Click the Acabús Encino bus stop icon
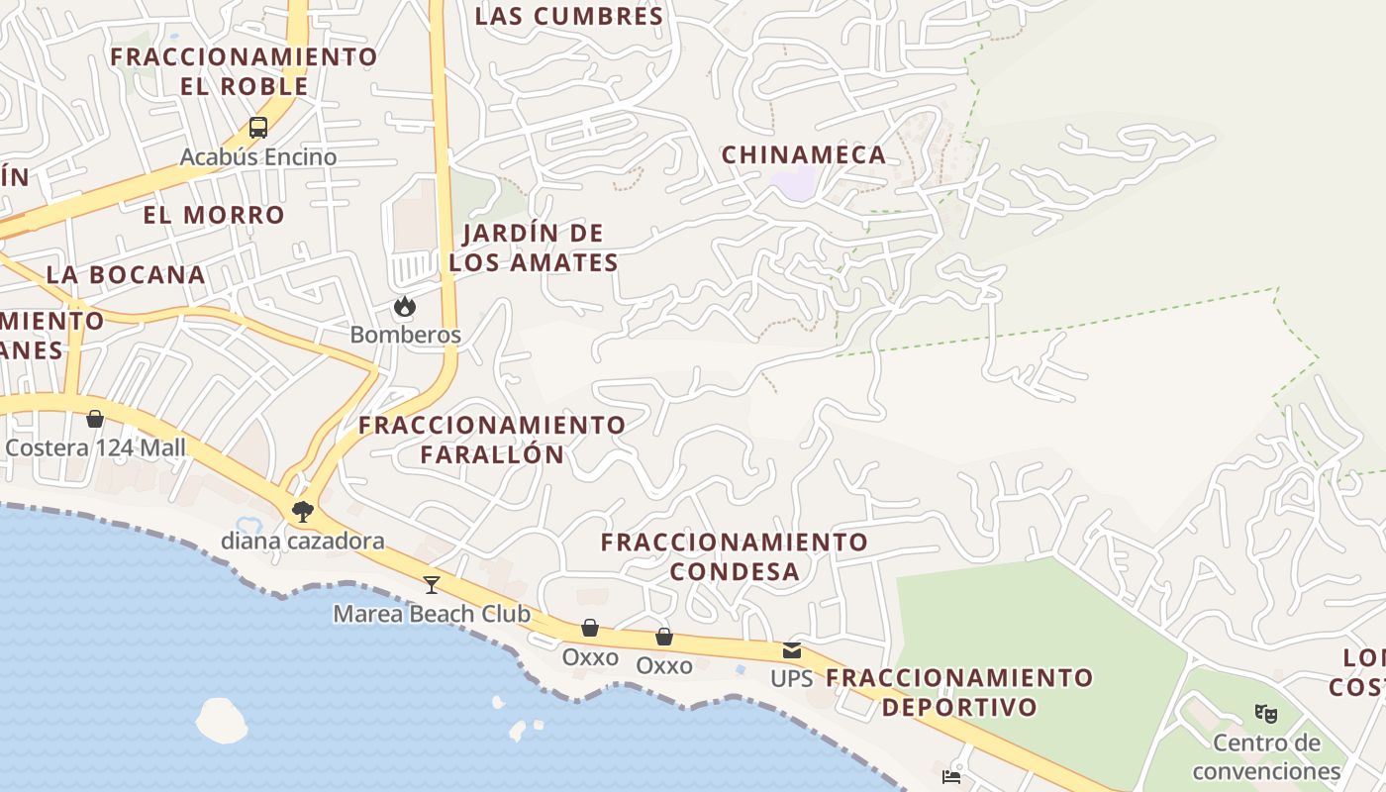[x=258, y=127]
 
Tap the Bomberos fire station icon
[x=405, y=307]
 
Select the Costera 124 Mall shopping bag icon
[x=95, y=419]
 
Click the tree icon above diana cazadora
[x=303, y=512]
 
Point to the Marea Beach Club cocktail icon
[x=432, y=584]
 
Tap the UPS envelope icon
[x=792, y=650]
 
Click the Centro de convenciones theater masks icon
[x=1265, y=713]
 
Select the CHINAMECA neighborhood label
[x=804, y=154]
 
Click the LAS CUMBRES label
[x=569, y=16]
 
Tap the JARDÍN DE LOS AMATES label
[x=534, y=247]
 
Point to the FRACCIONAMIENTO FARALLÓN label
[x=492, y=440]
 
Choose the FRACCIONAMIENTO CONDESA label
[x=735, y=556]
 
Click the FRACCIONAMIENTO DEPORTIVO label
[x=959, y=692]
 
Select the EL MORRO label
[x=214, y=215]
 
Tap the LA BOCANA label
[x=126, y=274]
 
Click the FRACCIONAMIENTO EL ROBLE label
[x=245, y=70]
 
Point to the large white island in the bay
[x=222, y=720]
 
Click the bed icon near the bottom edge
[x=951, y=777]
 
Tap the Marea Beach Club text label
[x=432, y=614]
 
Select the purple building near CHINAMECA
[x=794, y=184]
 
